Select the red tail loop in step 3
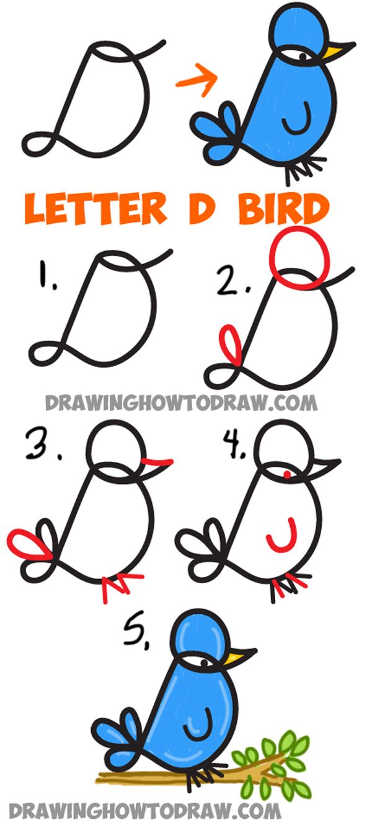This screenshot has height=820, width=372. [x=25, y=542]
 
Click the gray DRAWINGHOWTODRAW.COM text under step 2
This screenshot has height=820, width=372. [x=180, y=403]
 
